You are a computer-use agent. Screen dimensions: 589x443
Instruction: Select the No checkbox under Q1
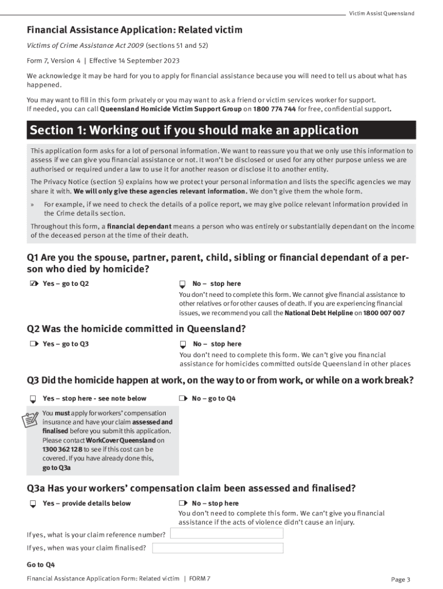[x=182, y=284]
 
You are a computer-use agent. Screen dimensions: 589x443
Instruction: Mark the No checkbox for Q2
[x=182, y=345]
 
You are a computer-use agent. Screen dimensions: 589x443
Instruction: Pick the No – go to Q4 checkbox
[x=182, y=398]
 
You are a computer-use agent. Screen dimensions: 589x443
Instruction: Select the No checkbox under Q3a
[x=182, y=503]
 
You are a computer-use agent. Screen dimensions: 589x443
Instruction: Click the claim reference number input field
[x=227, y=533]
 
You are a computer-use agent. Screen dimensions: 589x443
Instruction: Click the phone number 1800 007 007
[x=384, y=313]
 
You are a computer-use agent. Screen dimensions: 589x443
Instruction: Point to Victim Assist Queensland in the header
[x=381, y=13]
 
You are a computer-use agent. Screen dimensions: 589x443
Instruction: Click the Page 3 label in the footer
[x=400, y=579]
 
